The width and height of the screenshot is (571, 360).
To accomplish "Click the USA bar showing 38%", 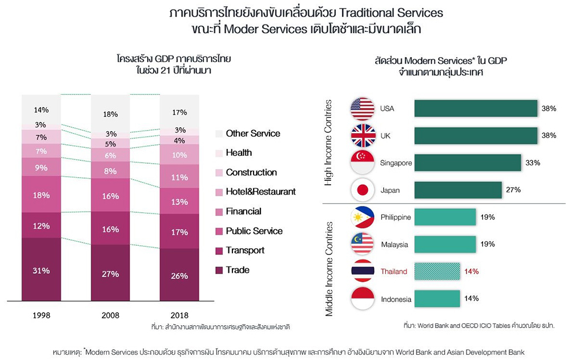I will (475, 108).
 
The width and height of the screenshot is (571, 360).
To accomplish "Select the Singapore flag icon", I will (362, 163).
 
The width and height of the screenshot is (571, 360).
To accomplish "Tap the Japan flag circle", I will (362, 190).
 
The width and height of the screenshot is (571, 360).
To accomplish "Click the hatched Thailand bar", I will (437, 272).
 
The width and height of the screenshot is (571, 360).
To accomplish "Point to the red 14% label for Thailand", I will (471, 272).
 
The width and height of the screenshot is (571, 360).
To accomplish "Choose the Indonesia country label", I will (396, 298).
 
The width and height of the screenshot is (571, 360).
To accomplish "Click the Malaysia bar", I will (445, 244).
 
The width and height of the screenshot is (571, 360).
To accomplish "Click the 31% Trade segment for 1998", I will (41, 270).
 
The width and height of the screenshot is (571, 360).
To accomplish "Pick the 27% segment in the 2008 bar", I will (110, 274).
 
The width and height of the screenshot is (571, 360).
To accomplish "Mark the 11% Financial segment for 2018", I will (179, 177).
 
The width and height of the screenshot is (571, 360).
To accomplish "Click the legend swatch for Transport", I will (219, 250).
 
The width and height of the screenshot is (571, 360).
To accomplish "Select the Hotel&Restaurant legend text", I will (260, 192).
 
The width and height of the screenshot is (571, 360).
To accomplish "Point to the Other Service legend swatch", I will (219, 134).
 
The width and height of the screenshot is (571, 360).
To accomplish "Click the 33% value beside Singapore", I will (533, 163).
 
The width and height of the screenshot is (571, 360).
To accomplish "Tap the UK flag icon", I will (362, 136).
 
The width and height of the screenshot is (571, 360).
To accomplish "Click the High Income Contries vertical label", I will (328, 143).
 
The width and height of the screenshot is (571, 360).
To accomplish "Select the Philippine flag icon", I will (362, 217).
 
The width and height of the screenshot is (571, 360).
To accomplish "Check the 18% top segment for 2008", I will (110, 114).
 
